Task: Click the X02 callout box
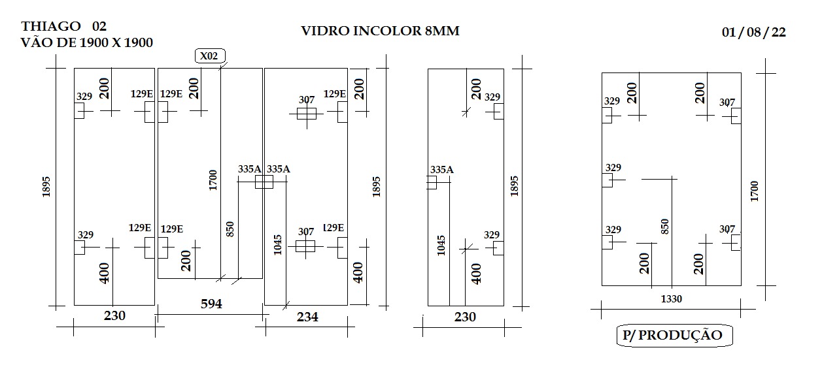pyautogui.click(x=209, y=56)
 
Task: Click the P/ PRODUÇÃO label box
pyautogui.click(x=674, y=335)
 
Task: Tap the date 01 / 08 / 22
pyautogui.click(x=754, y=32)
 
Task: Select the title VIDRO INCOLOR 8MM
pyautogui.click(x=380, y=31)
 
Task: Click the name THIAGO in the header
pyautogui.click(x=51, y=26)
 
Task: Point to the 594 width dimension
pyautogui.click(x=211, y=304)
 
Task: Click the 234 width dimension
pyautogui.click(x=307, y=317)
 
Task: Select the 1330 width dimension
pyautogui.click(x=671, y=299)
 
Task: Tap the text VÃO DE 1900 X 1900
pyautogui.click(x=86, y=43)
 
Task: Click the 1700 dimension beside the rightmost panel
pyautogui.click(x=754, y=191)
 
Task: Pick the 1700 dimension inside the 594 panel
pyautogui.click(x=213, y=180)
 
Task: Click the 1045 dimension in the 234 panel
pyautogui.click(x=278, y=245)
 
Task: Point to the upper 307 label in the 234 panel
pyautogui.click(x=307, y=100)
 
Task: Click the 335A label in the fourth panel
pyautogui.click(x=442, y=170)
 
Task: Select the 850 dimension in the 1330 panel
pyautogui.click(x=664, y=227)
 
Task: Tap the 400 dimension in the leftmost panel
pyautogui.click(x=104, y=273)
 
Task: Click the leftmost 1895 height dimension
pyautogui.click(x=46, y=187)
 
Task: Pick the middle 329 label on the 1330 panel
pyautogui.click(x=613, y=167)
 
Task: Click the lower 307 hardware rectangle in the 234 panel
pyautogui.click(x=305, y=246)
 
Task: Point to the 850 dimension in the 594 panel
pyautogui.click(x=230, y=229)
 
